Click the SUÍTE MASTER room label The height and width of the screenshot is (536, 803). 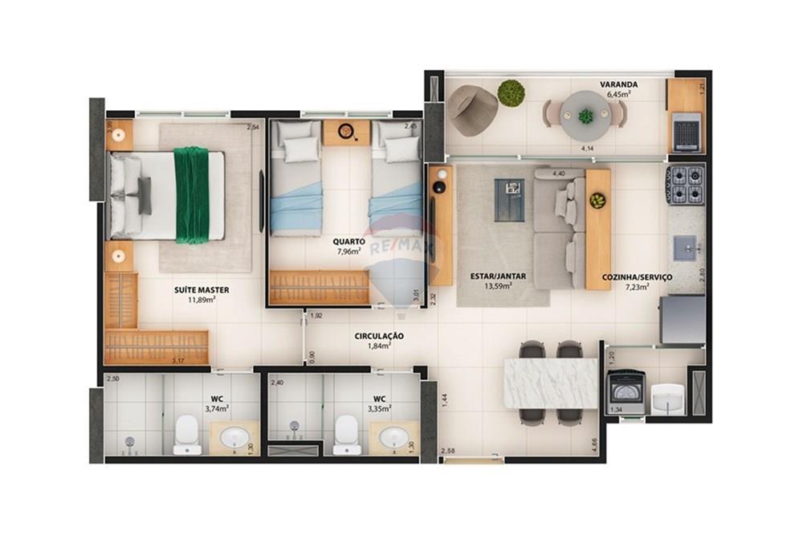(202, 289)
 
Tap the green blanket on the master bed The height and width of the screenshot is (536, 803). (191, 195)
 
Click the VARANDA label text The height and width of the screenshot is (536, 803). (618, 84)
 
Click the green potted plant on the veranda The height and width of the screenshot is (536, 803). (511, 93)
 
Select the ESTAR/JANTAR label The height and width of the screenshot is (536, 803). (498, 276)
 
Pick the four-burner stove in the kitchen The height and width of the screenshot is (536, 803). (685, 185)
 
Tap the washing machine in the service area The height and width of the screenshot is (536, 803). (626, 391)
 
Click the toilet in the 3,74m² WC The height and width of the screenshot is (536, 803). (187, 434)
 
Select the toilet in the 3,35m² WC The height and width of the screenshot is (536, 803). (347, 434)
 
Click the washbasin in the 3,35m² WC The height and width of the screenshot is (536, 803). (393, 438)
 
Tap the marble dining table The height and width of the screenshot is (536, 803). (550, 383)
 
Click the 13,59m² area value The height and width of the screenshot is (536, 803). (498, 285)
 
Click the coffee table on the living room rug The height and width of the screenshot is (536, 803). (509, 199)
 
